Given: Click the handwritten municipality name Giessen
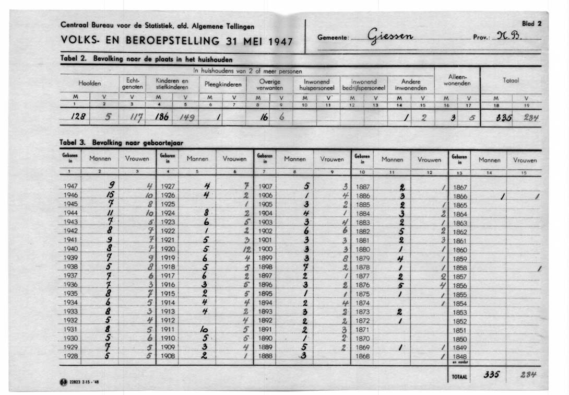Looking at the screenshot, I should point(391,37).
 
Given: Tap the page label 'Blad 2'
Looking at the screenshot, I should point(532,24).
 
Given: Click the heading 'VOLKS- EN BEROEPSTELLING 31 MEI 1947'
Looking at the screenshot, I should point(177,40).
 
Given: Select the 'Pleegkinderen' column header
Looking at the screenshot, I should point(220,83).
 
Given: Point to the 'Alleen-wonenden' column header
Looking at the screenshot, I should point(457,80).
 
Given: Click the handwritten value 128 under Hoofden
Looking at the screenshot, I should point(78,117).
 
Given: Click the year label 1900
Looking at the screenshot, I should point(266,249).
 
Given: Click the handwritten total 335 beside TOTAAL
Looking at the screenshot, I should point(492,375).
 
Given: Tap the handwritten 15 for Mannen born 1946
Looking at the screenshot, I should point(111,195).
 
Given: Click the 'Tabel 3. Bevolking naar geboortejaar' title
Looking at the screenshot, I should point(121,142).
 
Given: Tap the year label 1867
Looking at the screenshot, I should point(460,187).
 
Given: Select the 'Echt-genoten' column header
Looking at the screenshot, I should point(129,83).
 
